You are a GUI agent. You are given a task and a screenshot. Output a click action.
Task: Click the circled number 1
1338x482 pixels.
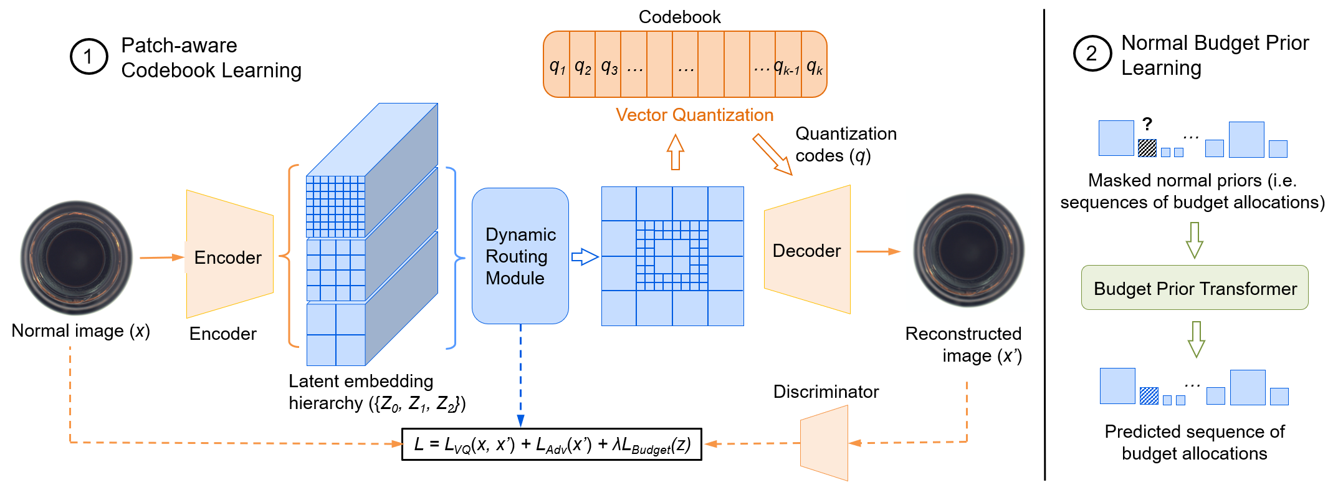click(88, 56)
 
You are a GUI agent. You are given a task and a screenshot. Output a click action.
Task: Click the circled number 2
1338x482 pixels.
click(1092, 53)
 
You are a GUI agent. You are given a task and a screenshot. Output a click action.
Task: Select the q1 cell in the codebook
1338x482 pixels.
click(557, 64)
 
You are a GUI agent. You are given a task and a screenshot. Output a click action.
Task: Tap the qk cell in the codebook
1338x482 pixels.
click(814, 64)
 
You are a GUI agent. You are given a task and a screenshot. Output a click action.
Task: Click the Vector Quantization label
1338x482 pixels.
click(694, 115)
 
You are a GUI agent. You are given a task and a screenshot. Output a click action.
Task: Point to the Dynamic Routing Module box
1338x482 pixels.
click(520, 256)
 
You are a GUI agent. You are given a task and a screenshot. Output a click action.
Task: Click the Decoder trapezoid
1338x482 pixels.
click(807, 249)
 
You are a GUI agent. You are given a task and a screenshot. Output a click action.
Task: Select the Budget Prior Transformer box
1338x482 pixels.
click(1195, 287)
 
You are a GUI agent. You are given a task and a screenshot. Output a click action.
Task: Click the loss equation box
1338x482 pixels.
click(552, 444)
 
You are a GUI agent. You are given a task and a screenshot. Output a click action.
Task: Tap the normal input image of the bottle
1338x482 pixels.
click(77, 258)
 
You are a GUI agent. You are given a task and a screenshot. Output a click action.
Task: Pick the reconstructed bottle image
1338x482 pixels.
click(968, 250)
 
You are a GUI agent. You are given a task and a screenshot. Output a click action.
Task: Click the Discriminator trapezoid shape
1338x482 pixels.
click(824, 443)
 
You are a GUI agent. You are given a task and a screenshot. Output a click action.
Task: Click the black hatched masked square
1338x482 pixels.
click(1147, 148)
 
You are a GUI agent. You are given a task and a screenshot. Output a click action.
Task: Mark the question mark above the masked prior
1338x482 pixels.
click(1147, 124)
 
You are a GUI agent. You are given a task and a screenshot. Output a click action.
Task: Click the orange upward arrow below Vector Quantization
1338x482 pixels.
click(676, 152)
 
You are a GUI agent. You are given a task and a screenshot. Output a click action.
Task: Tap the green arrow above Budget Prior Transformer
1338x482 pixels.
click(1194, 240)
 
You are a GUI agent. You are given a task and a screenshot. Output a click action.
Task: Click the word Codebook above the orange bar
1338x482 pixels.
click(679, 17)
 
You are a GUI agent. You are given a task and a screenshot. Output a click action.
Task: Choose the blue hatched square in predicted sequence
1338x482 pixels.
click(1149, 396)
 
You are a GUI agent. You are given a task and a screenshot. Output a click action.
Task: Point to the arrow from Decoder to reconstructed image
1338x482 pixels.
click(879, 251)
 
